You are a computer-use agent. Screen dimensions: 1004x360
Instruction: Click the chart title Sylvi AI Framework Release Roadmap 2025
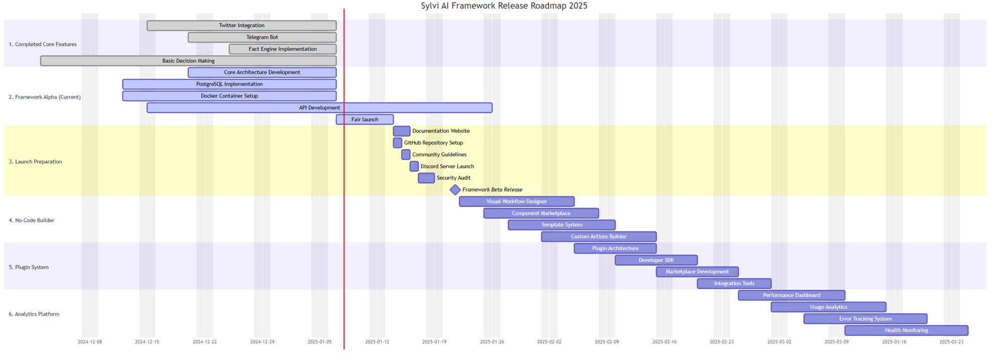click(504, 6)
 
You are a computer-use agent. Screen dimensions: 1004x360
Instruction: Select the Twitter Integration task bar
click(241, 26)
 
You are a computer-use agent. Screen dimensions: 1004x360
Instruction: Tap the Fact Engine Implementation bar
click(283, 49)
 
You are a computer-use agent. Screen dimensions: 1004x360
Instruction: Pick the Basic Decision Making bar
click(188, 61)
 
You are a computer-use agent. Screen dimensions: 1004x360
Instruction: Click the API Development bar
click(319, 108)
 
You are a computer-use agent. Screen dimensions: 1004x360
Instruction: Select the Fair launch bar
click(365, 119)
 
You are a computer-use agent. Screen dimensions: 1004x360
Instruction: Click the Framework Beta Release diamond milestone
click(455, 190)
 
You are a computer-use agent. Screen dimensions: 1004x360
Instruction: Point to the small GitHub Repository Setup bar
click(398, 143)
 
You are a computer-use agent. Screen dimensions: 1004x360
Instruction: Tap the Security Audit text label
click(453, 178)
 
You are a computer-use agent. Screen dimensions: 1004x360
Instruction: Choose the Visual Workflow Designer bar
click(517, 202)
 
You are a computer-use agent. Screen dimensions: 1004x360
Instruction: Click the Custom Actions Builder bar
click(599, 236)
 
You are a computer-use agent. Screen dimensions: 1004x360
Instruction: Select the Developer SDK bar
click(656, 260)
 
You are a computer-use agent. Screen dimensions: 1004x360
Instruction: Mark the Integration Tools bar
click(734, 284)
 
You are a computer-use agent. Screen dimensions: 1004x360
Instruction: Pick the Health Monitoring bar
click(906, 330)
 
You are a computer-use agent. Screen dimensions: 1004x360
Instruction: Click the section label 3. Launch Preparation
click(35, 162)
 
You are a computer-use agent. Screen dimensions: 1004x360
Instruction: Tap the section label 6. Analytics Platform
click(34, 314)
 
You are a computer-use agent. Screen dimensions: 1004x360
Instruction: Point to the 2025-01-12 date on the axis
click(377, 342)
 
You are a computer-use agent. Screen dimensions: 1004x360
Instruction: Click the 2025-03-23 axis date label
click(951, 342)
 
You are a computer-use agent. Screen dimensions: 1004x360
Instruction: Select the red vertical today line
click(344, 179)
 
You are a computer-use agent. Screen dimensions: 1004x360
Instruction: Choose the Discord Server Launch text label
click(447, 166)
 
